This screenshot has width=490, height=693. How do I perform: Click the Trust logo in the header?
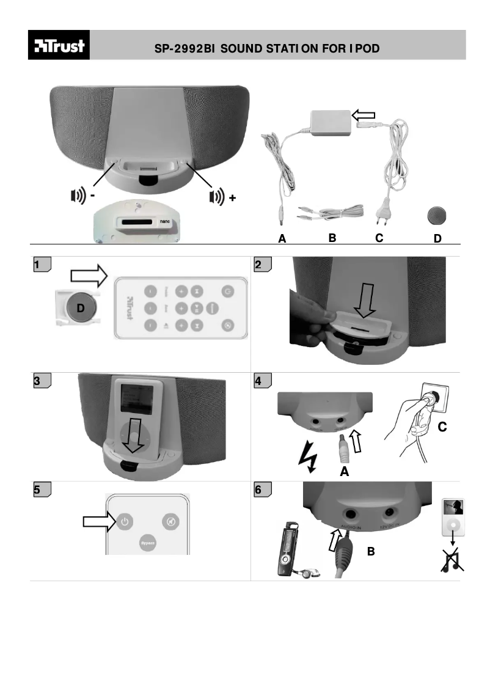[59, 46]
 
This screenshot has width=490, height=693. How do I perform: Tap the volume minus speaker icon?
[77, 196]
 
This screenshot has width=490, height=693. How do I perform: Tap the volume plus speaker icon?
[216, 196]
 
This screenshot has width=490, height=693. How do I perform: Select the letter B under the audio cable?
[332, 239]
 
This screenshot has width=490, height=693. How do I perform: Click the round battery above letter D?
[436, 216]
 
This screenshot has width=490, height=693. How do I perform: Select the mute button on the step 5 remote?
[170, 522]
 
